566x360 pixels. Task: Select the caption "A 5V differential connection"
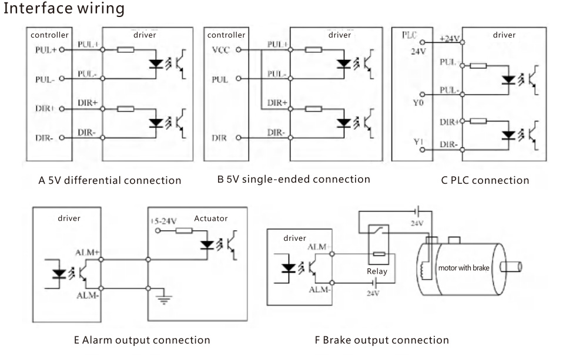pos(110,180)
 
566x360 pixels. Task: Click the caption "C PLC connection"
pos(485,180)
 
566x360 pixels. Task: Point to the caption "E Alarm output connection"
pos(142,339)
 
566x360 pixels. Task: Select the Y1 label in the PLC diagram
pos(417,142)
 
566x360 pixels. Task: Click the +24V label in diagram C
pos(450,39)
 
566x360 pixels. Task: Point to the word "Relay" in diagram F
pos(377,271)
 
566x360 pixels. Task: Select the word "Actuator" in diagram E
pos(210,218)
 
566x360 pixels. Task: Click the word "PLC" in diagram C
pos(410,35)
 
